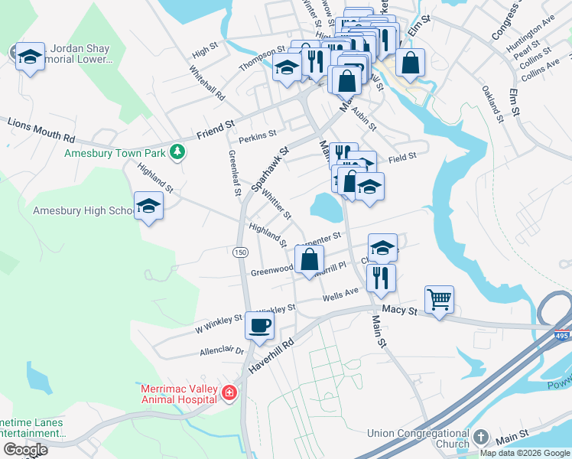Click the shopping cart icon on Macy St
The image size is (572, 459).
click(439, 299)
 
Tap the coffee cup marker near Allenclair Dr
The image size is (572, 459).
click(259, 325)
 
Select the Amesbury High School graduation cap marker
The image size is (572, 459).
click(148, 205)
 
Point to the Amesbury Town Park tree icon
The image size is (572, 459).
click(177, 152)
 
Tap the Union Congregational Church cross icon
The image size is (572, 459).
click(480, 436)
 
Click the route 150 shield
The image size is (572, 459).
click(240, 252)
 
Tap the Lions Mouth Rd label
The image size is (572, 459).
click(42, 129)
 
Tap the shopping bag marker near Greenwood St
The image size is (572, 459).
click(308, 259)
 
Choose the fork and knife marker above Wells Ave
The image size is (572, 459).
click(380, 277)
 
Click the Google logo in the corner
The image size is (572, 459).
click(25, 450)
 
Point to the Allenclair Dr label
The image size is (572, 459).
click(221, 350)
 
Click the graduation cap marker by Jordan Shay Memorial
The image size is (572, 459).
click(30, 56)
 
